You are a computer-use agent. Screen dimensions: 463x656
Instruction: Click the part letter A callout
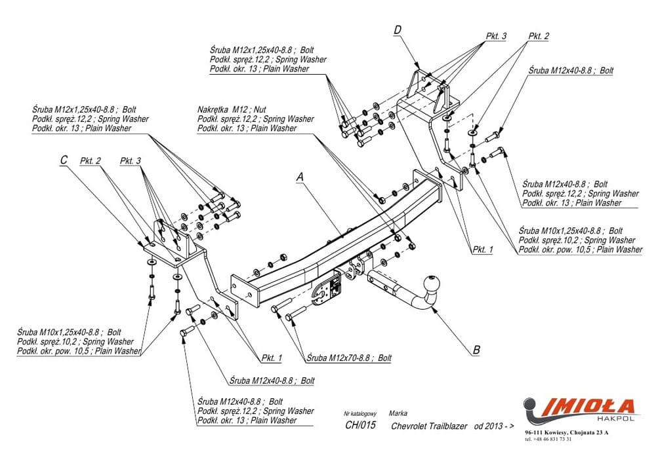click(300, 177)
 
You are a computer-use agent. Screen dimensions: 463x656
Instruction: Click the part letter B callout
click(476, 350)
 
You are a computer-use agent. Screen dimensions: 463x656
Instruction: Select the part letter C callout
click(64, 160)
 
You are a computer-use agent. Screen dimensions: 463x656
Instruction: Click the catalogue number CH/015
click(360, 426)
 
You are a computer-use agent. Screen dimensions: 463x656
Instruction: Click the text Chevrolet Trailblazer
click(429, 426)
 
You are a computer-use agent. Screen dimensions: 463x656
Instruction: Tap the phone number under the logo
click(548, 439)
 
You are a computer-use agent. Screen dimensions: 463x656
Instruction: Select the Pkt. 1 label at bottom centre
click(271, 358)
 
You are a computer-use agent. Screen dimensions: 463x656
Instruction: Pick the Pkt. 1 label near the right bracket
click(482, 250)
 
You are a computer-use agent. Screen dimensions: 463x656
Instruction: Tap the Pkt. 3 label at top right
click(496, 37)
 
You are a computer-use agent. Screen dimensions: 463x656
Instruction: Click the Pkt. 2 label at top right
click(538, 37)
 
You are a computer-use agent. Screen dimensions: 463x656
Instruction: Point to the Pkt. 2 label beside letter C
click(90, 160)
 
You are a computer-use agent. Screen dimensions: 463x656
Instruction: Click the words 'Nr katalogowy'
click(359, 414)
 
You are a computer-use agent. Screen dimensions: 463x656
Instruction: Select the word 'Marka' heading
click(398, 413)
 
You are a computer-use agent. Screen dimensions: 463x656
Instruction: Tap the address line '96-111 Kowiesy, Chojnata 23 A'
click(567, 433)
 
